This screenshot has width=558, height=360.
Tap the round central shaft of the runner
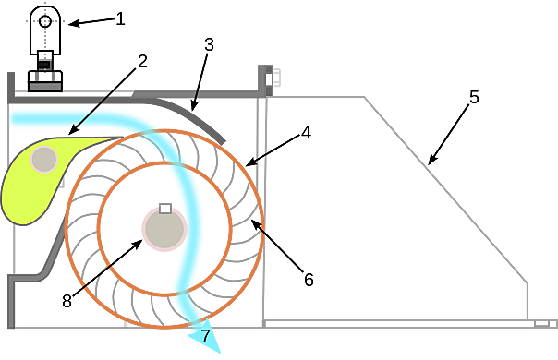[162, 229]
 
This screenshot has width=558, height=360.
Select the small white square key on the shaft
[164, 208]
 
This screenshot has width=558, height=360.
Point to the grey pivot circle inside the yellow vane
[44, 160]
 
